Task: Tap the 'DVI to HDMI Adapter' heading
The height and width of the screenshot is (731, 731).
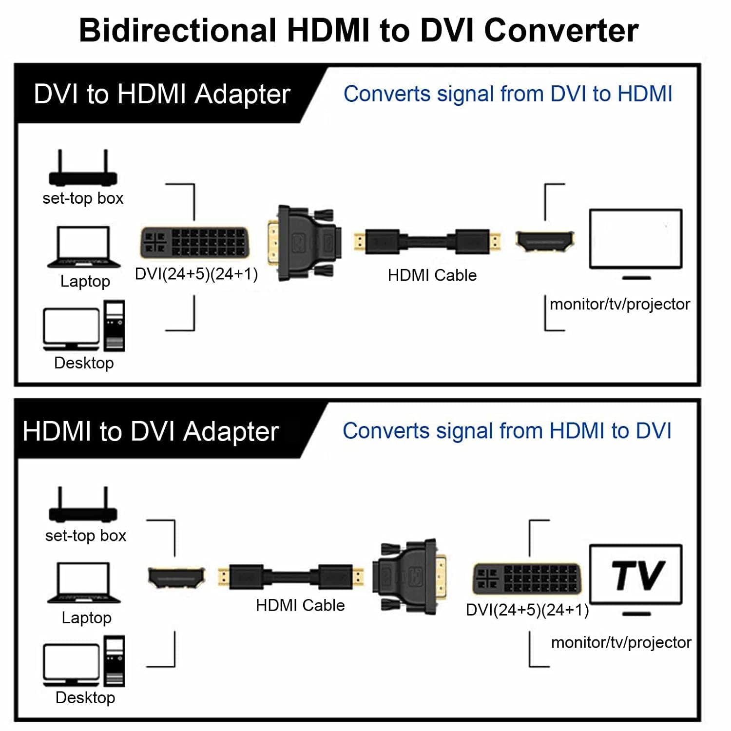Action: (x=162, y=94)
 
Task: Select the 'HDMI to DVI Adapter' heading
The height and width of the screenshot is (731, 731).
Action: (x=151, y=431)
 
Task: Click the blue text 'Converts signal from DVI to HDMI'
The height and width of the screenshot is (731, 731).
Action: (x=508, y=94)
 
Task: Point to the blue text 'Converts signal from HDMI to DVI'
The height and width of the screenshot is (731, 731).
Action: (x=507, y=431)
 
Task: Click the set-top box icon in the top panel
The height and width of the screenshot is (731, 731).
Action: (x=83, y=169)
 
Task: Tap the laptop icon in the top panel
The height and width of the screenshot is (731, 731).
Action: (x=84, y=247)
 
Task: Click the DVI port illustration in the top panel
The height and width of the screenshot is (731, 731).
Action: (x=194, y=243)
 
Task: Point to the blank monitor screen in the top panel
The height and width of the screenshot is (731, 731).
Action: (x=635, y=239)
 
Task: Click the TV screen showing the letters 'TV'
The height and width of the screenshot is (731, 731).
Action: (x=635, y=575)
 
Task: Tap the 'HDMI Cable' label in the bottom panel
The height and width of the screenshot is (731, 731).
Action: (x=300, y=605)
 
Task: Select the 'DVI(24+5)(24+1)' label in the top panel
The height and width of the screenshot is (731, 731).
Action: (x=196, y=274)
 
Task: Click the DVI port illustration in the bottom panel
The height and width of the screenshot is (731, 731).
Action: (x=527, y=579)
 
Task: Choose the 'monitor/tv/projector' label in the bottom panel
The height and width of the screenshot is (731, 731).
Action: (x=621, y=642)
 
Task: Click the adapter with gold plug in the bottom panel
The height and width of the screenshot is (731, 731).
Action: (x=410, y=576)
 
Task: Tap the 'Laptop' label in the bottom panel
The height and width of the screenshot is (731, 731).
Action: (x=86, y=617)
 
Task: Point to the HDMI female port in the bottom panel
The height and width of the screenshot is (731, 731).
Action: (x=176, y=578)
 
